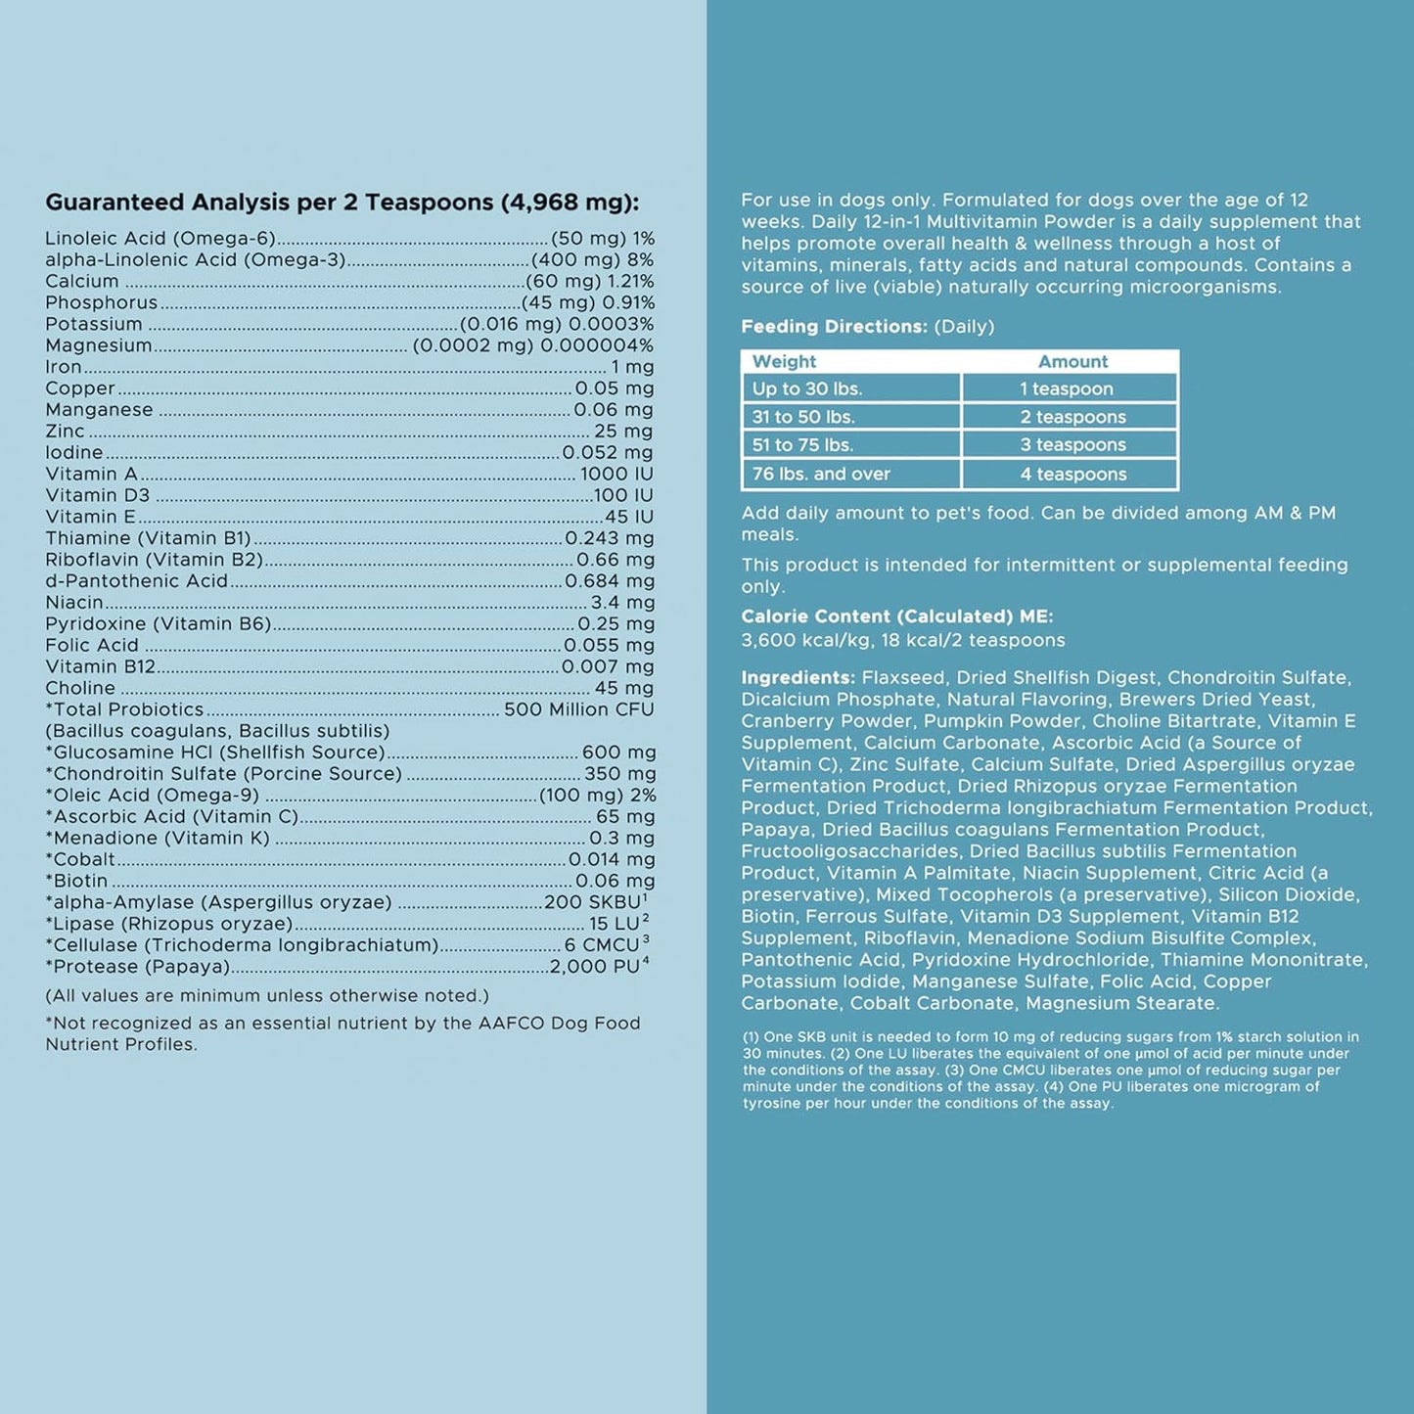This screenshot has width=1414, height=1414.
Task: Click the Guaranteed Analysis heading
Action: coord(342,203)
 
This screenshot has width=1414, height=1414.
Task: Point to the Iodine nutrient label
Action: coord(74,453)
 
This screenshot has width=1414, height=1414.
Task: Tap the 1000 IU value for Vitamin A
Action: coord(616,475)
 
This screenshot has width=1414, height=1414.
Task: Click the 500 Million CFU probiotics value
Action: coord(578,709)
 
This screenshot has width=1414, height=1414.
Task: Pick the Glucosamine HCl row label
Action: coord(215,753)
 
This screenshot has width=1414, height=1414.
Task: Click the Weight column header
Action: coord(784,362)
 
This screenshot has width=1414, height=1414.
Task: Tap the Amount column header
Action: coord(1072,362)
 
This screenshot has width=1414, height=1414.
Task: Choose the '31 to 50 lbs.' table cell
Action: coord(803,417)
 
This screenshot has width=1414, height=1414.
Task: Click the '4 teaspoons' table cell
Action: coord(1072,475)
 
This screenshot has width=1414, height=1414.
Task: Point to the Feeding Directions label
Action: coord(834,327)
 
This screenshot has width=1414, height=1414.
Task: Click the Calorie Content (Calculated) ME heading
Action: coord(896,616)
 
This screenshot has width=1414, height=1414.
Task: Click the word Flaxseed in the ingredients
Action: coord(903,678)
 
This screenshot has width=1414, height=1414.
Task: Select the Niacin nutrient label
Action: coord(74,603)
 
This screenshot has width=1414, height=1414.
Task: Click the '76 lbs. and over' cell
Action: coord(821,475)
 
